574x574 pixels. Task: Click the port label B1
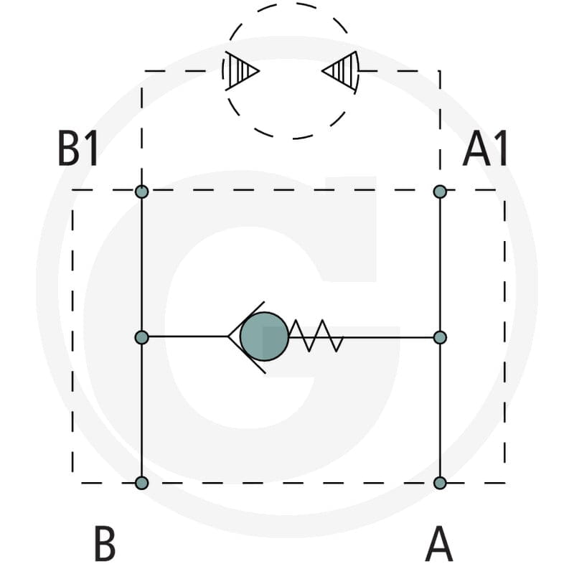[78, 149]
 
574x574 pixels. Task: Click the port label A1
[485, 149]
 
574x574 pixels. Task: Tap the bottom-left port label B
[105, 543]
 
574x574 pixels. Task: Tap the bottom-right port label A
[439, 543]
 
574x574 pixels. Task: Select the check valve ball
[264, 337]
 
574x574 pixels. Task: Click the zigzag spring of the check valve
[316, 336]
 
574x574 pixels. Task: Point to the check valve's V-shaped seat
[246, 337]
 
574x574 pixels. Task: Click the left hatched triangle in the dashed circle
[242, 70]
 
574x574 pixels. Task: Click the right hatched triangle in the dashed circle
[339, 70]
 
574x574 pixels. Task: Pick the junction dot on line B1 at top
[141, 192]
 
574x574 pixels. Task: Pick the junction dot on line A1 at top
[440, 192]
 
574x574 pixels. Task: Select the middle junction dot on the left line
[141, 337]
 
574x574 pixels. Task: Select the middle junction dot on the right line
[440, 337]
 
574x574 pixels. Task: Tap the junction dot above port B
[141, 483]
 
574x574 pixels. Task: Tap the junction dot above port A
[440, 483]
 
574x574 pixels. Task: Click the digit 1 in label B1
[92, 149]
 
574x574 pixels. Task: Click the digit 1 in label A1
[500, 149]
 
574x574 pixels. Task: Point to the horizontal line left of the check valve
[188, 337]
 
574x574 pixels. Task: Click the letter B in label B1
[70, 149]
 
